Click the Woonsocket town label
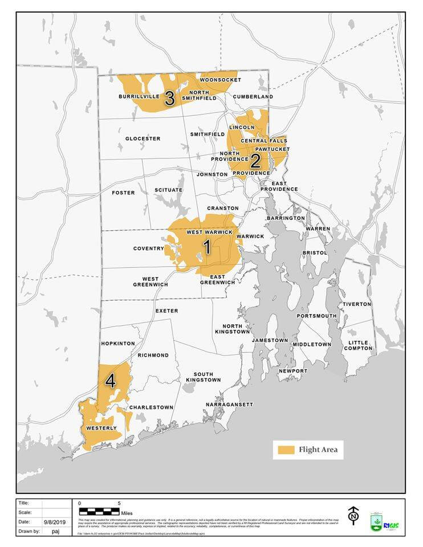[220, 80]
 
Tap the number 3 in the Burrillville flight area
[169, 98]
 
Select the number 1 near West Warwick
[207, 247]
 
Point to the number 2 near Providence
[255, 160]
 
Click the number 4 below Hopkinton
[110, 381]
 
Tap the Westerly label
[101, 428]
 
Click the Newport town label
[293, 371]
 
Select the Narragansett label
[229, 405]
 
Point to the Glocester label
[143, 138]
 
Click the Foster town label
[123, 193]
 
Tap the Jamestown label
[270, 340]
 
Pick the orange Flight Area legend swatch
[286, 450]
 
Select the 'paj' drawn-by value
[55, 531]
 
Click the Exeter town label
[166, 311]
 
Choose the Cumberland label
[253, 97]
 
